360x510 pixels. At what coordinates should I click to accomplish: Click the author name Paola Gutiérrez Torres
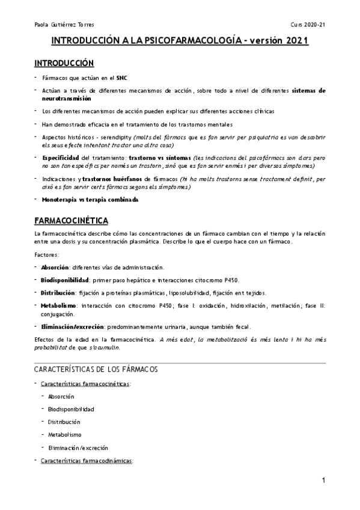click(60, 25)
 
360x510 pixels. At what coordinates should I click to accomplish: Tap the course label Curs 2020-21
click(308, 25)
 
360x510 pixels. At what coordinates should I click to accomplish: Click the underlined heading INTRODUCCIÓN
click(64, 63)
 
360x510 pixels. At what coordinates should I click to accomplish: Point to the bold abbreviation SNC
click(122, 78)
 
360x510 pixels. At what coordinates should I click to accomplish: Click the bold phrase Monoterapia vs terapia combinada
click(90, 199)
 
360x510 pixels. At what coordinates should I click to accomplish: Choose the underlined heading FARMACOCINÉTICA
click(70, 221)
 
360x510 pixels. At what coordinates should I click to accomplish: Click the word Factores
click(47, 255)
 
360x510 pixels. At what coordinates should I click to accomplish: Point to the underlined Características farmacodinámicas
click(86, 461)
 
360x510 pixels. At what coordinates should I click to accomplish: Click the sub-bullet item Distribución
click(64, 422)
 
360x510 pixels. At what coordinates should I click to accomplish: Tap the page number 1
click(323, 481)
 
